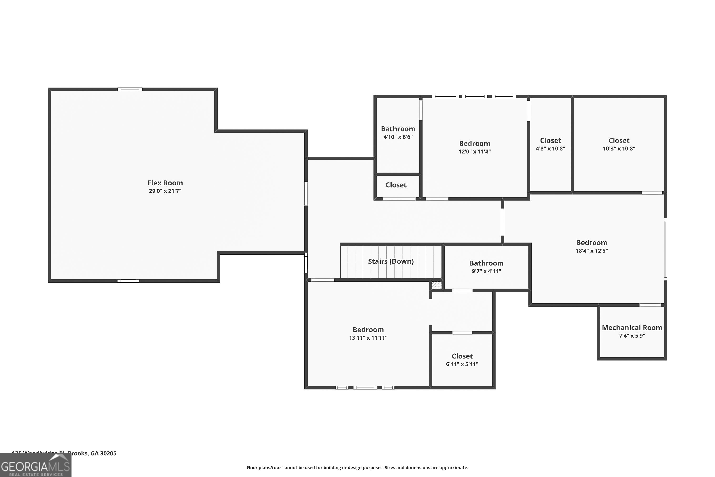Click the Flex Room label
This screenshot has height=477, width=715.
165,183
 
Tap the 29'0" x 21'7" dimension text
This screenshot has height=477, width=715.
165,191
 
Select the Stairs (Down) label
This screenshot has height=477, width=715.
391,261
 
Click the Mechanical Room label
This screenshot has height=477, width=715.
632,328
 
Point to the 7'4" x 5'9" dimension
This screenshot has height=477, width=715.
632,336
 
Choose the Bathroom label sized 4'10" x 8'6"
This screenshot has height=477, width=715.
398,129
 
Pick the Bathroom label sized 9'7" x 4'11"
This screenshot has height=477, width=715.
486,263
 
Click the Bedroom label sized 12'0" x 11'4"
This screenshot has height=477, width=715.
474,144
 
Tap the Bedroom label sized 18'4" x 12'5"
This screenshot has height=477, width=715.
592,243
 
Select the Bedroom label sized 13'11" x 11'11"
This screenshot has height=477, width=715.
368,330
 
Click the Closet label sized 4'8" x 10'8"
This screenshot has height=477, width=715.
550,140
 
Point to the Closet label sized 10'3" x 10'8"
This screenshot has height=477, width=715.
619,140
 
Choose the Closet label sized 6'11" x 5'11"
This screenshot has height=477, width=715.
462,356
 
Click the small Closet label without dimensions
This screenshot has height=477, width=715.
396,185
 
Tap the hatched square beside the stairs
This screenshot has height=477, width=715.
437,285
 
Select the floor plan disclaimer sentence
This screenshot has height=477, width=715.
357,467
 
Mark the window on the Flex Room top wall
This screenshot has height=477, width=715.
130,89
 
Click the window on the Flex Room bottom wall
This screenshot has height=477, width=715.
128,281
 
